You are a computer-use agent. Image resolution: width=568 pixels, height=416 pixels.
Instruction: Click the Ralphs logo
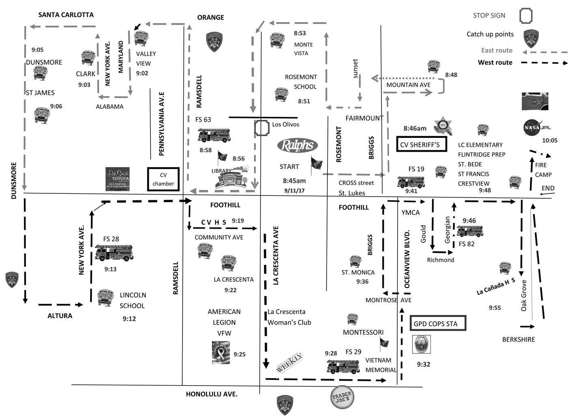pos(297,145)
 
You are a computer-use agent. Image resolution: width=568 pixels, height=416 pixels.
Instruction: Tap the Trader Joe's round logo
pos(342,397)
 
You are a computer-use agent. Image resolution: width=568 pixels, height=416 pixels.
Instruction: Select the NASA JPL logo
pos(537,127)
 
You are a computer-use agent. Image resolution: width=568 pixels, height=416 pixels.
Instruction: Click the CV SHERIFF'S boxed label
pos(421,145)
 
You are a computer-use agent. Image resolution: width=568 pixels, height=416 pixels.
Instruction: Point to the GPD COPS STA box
pos(437,324)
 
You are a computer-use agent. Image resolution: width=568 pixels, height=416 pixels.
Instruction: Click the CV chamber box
pos(163,179)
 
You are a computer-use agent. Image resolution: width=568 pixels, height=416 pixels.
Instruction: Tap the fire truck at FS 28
pos(114,253)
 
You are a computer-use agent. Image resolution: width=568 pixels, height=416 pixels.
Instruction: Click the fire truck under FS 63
pos(214,135)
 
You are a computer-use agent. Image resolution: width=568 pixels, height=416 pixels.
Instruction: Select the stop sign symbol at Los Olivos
pos(262,128)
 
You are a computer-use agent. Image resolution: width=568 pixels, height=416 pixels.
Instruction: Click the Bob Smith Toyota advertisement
pos(117,179)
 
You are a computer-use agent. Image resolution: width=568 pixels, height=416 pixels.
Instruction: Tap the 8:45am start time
pos(294,181)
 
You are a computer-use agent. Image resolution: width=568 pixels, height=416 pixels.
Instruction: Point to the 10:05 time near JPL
pos(550,140)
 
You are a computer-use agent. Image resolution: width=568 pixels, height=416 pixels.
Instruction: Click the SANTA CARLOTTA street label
pos(66,15)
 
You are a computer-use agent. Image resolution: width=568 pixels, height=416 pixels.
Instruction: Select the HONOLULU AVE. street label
pos(211,394)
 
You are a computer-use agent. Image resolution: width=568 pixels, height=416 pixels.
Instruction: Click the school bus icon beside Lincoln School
pos(105,298)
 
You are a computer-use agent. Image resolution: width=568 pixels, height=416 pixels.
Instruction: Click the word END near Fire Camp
pos(548,188)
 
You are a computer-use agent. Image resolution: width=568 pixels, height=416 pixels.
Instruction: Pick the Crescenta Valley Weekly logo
pos(290,362)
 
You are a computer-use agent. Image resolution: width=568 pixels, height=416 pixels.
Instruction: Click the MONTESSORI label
pos(363,332)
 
